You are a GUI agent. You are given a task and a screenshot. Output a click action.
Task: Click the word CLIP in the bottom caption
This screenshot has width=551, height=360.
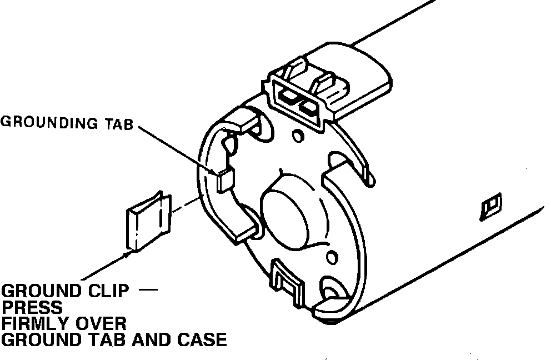(114, 291)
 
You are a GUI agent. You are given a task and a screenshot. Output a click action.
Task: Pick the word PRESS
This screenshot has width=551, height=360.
(32, 307)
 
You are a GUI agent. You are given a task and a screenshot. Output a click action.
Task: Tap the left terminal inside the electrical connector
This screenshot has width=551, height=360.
(288, 96)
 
